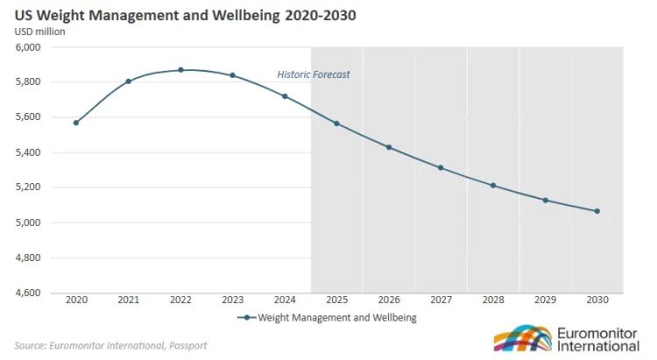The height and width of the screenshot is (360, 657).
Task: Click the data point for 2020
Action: click(76, 123)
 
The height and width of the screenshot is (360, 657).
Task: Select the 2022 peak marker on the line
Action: click(180, 70)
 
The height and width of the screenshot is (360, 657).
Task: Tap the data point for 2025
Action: click(336, 124)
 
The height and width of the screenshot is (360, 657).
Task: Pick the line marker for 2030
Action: click(597, 211)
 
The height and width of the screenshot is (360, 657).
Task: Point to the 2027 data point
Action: click(441, 167)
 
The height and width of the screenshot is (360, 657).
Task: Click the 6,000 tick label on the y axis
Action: click(29, 47)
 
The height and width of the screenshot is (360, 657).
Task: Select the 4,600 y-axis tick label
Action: click(29, 293)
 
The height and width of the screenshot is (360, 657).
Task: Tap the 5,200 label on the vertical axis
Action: click(29, 187)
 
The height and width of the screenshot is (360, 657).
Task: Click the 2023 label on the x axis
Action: click(232, 300)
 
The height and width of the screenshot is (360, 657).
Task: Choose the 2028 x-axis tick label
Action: click(493, 300)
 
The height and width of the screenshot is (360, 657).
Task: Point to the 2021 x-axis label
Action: click(128, 300)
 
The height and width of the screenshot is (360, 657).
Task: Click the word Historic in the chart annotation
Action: click(294, 74)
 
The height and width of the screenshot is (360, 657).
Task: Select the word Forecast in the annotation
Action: click(332, 74)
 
